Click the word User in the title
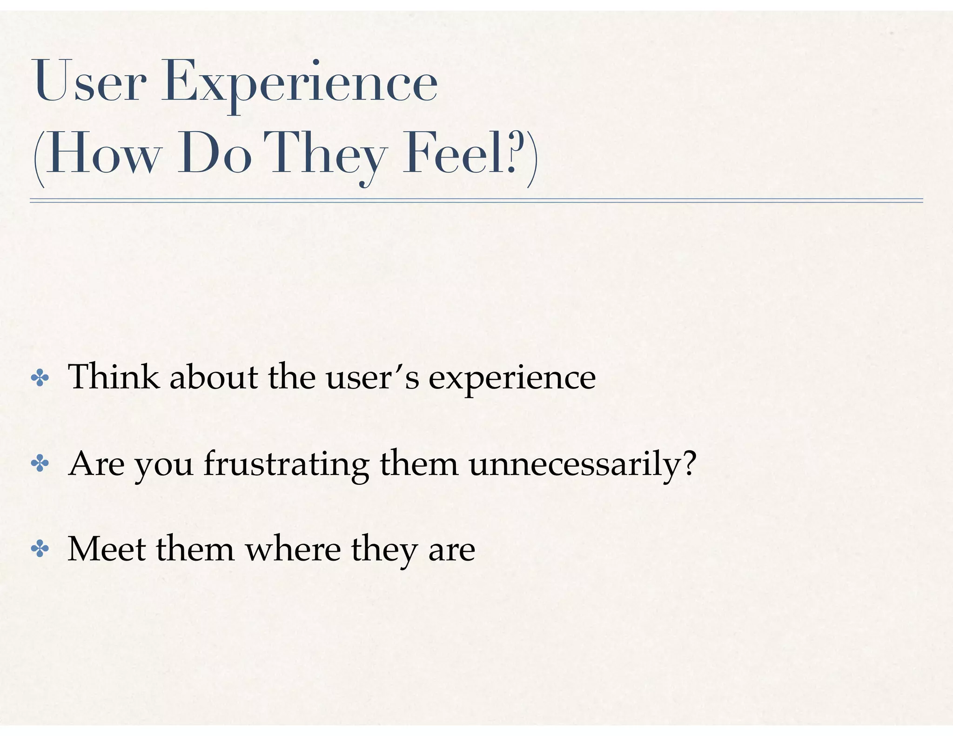(x=88, y=83)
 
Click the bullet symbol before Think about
(x=40, y=378)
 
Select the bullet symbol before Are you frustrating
(x=40, y=464)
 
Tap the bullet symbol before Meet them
(x=40, y=549)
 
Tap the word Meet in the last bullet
(x=107, y=549)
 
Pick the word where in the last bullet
(x=293, y=549)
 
